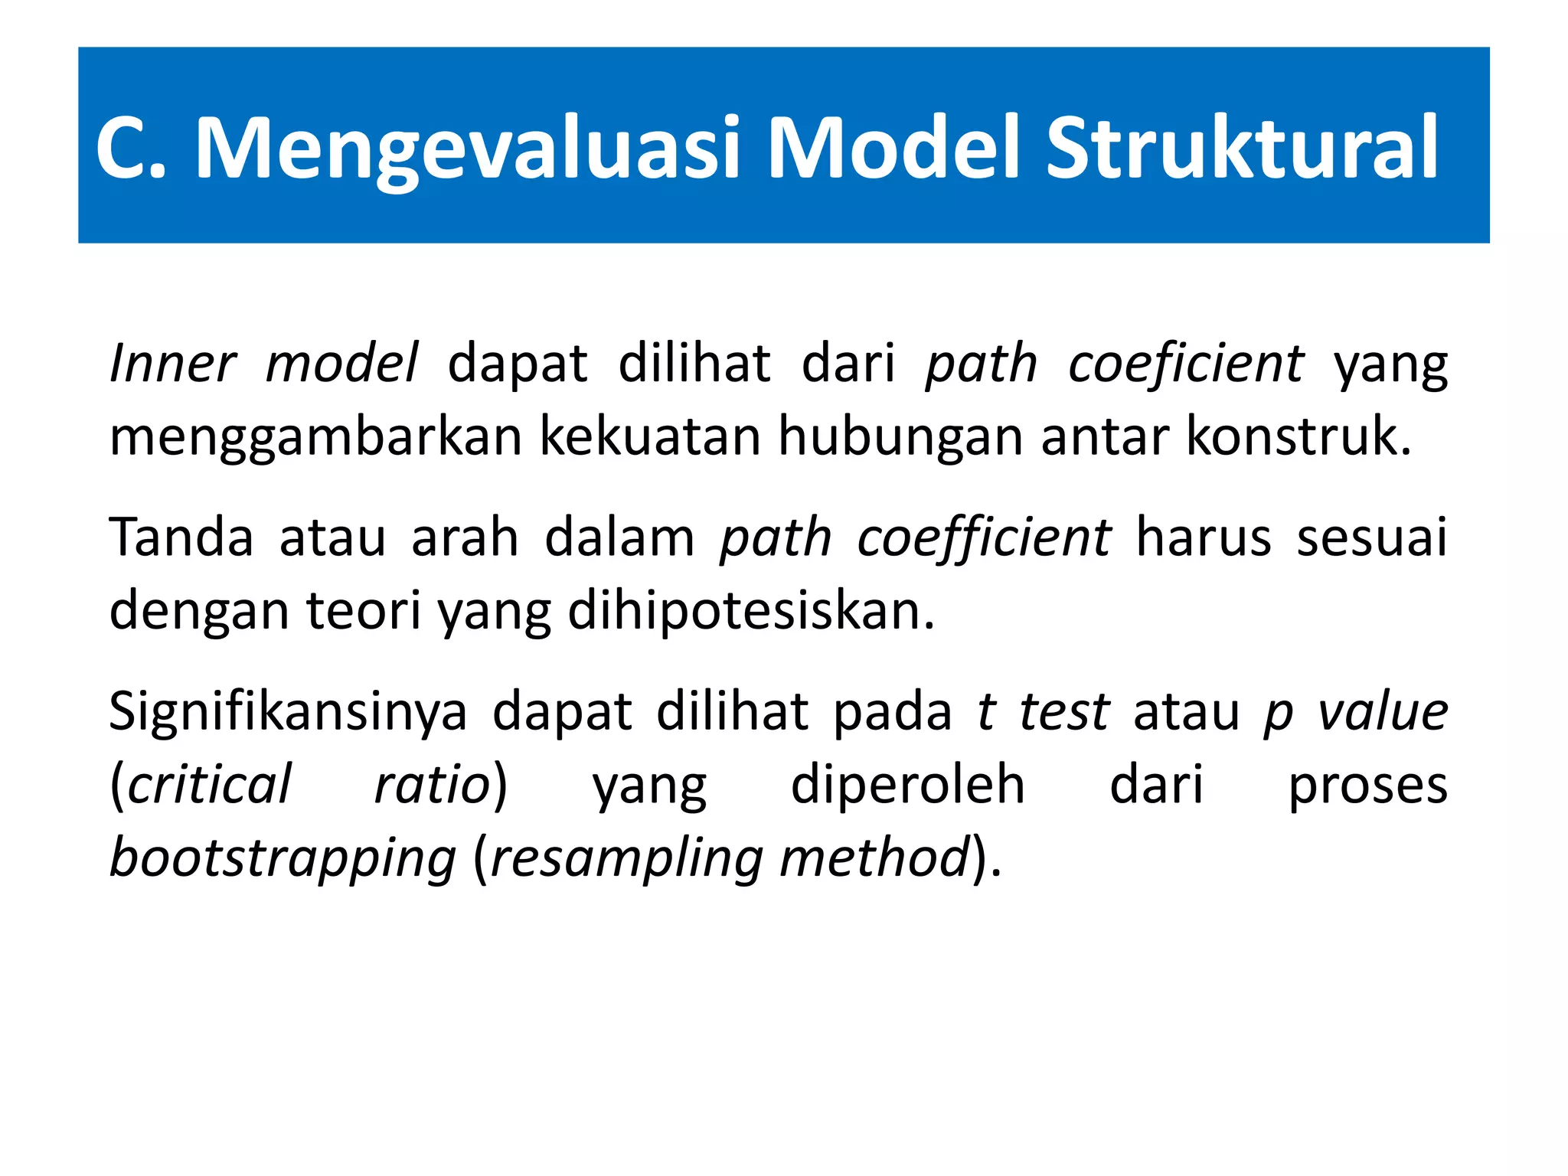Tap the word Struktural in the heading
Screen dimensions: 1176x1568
1242,147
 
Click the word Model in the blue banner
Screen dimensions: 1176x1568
893,147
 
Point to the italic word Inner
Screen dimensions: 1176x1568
172,363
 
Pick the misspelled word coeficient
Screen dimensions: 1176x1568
1185,363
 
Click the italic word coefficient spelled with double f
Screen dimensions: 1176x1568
983,537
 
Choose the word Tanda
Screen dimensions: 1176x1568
181,537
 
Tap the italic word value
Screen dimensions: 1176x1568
1383,712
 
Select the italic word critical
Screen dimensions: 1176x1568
208,785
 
